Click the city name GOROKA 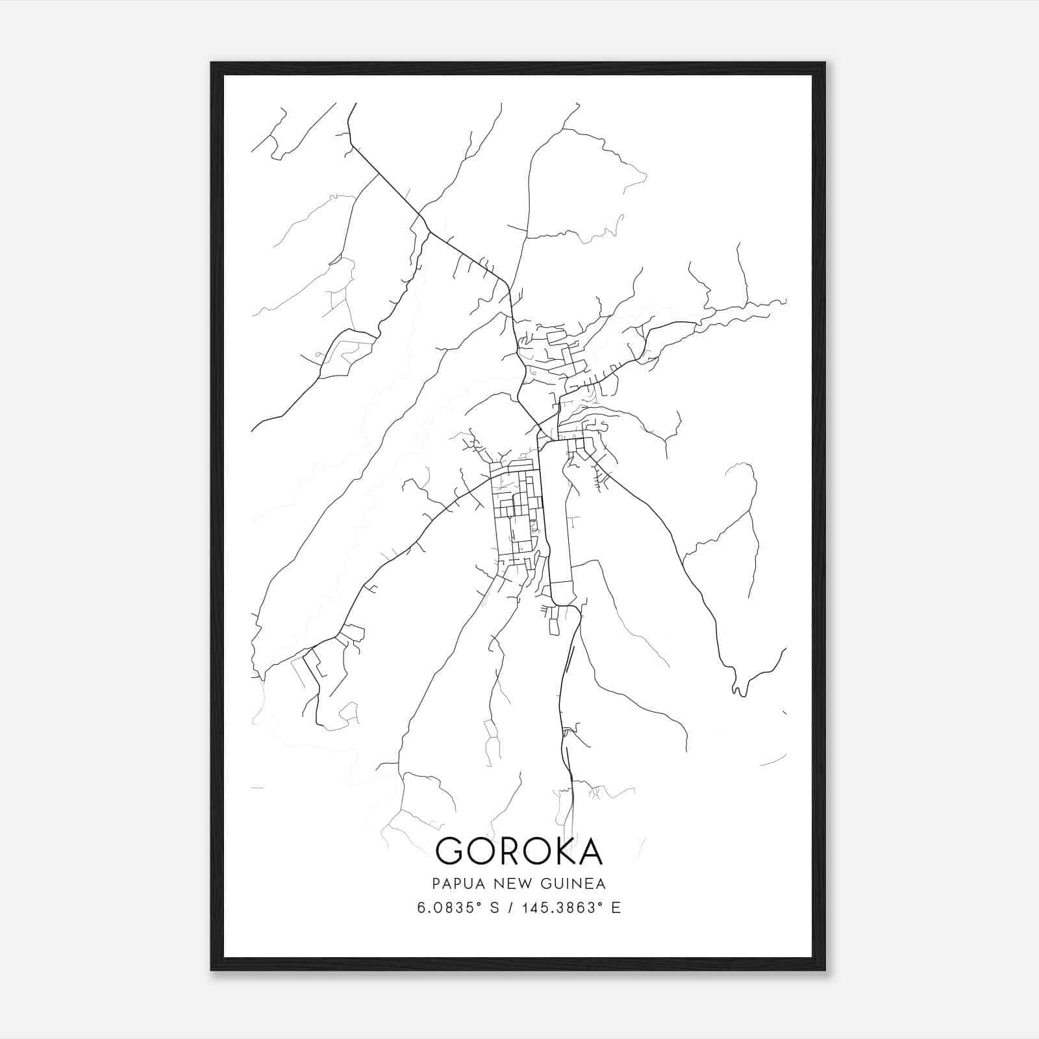(x=519, y=851)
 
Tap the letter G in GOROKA (x=450, y=851)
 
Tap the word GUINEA (x=574, y=884)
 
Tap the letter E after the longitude (x=616, y=908)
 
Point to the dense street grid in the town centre (x=516, y=513)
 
